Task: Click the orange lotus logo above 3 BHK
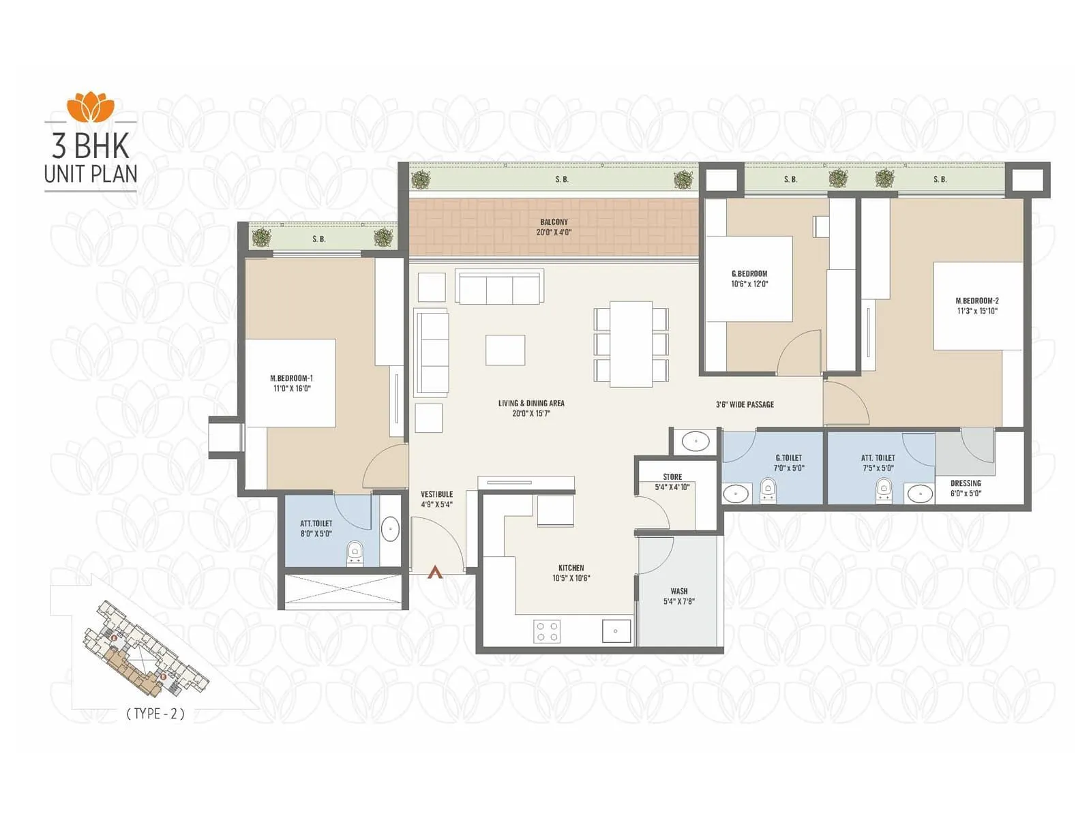click(x=91, y=106)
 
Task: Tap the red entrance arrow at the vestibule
click(x=435, y=573)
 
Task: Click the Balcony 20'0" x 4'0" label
click(x=554, y=227)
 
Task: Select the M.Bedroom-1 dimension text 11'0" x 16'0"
click(x=292, y=389)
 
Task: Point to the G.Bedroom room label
click(x=749, y=273)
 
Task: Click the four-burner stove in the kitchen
click(x=547, y=631)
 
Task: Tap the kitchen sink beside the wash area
click(x=616, y=631)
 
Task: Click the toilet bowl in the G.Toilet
click(x=768, y=490)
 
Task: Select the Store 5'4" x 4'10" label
click(x=672, y=482)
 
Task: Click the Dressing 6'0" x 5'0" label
click(x=966, y=488)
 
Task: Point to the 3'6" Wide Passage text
click(x=745, y=404)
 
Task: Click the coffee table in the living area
click(x=505, y=350)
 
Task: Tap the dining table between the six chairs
click(x=631, y=344)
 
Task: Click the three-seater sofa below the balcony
click(x=500, y=288)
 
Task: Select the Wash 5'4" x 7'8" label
click(x=679, y=596)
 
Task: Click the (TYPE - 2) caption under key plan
click(x=155, y=714)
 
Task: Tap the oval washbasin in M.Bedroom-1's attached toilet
click(x=390, y=528)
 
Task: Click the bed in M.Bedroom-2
click(x=978, y=306)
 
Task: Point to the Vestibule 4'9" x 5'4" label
click(x=436, y=499)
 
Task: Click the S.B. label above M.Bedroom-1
click(x=319, y=239)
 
